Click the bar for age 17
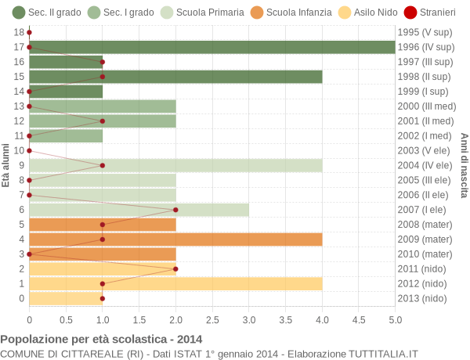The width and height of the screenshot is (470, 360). pyautogui.click(x=211, y=47)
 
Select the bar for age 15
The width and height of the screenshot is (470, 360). pyautogui.click(x=175, y=77)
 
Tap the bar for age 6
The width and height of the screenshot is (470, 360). pyautogui.click(x=139, y=210)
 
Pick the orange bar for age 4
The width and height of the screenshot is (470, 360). pyautogui.click(x=175, y=239)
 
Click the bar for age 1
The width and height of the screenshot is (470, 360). pyautogui.click(x=175, y=283)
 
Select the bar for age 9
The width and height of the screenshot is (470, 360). pyautogui.click(x=175, y=165)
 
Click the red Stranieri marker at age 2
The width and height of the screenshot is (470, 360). pyautogui.click(x=175, y=268)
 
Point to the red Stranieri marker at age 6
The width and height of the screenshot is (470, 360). pyautogui.click(x=175, y=210)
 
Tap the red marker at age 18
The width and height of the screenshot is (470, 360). pyautogui.click(x=29, y=32)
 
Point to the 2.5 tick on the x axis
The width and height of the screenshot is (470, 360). pyautogui.click(x=212, y=319)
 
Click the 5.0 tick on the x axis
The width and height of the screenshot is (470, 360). pyautogui.click(x=395, y=319)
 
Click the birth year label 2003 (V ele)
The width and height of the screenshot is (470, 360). pyautogui.click(x=424, y=150)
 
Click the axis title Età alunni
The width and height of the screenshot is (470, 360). pyautogui.click(x=6, y=165)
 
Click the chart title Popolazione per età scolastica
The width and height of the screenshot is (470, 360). pyautogui.click(x=101, y=340)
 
